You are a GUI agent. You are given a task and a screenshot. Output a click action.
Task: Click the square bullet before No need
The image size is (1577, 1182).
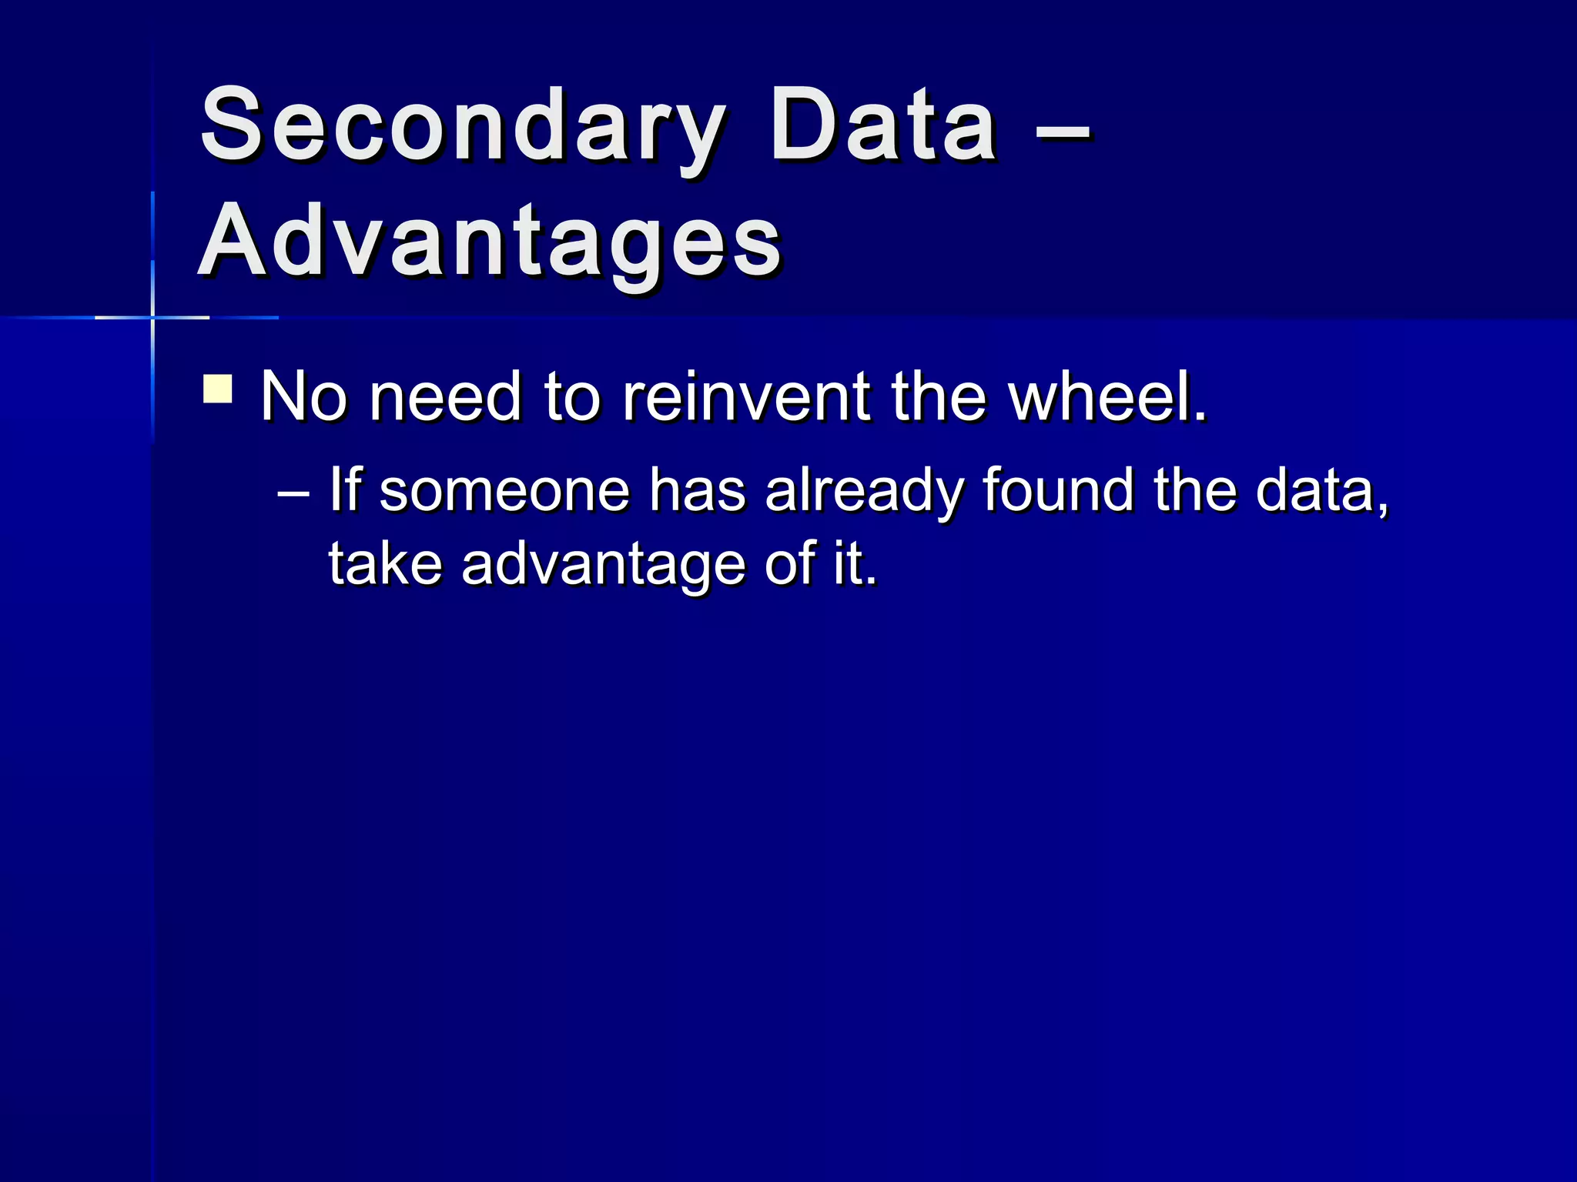point(218,389)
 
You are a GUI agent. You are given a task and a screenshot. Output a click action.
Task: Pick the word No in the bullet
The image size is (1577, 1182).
point(303,397)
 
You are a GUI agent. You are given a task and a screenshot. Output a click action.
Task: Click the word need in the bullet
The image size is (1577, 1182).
point(445,397)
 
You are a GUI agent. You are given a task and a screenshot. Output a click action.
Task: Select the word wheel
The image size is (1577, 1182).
point(1106,397)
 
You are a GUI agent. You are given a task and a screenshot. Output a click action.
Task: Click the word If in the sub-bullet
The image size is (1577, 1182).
point(345,490)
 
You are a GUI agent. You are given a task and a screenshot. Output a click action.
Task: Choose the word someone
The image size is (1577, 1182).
point(504,490)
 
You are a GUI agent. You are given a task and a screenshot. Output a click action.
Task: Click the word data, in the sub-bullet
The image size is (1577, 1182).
point(1321,490)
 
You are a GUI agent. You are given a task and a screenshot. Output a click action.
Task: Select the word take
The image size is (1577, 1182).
point(385,563)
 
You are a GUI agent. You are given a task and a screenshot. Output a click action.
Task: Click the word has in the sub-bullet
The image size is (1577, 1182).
point(697,490)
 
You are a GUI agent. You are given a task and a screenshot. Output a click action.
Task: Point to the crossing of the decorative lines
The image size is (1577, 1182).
point(152,317)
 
